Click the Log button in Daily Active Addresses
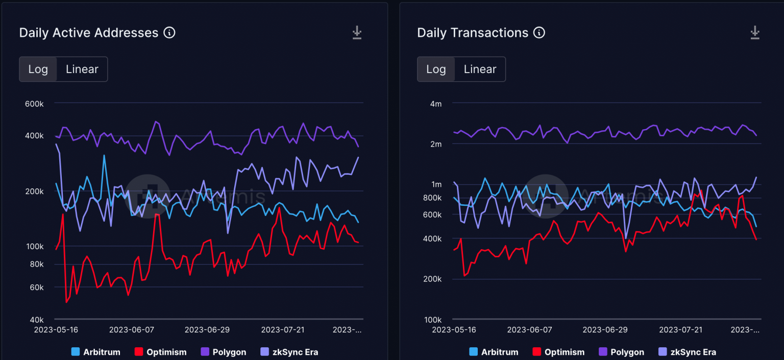click(38, 69)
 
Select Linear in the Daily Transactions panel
click(480, 69)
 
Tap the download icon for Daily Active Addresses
click(357, 33)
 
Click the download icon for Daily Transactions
click(755, 33)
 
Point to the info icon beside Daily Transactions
click(539, 33)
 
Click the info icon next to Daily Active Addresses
click(169, 33)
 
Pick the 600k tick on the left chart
click(34, 104)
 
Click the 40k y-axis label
click(37, 320)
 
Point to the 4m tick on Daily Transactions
click(435, 104)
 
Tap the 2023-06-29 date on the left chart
click(207, 330)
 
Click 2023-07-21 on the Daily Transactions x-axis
click(680, 330)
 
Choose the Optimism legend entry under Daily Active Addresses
click(160, 352)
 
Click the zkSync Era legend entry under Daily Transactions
click(687, 352)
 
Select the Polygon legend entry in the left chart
click(223, 352)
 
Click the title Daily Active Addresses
click(89, 33)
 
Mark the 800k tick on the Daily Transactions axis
click(432, 198)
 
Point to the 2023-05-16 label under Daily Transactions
click(454, 330)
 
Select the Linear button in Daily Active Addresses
click(82, 69)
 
